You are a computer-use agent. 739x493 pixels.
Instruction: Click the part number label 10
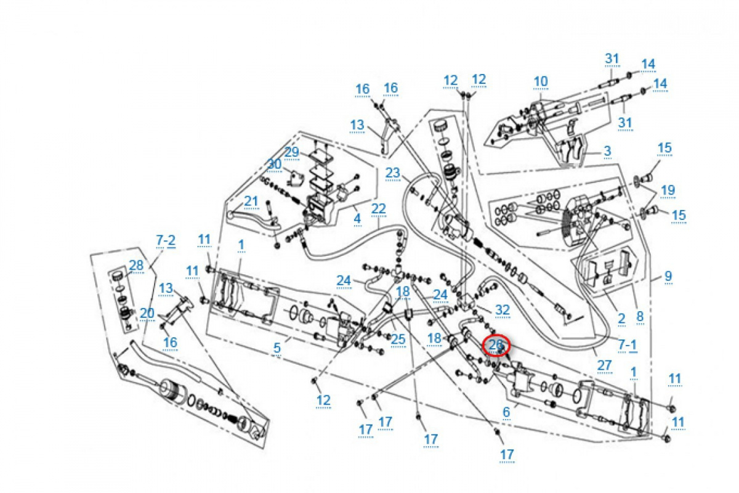click(x=540, y=81)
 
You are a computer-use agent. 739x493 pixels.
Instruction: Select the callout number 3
click(x=607, y=150)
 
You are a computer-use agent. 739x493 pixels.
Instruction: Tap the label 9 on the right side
click(x=668, y=277)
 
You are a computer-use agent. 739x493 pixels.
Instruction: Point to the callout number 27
click(x=605, y=365)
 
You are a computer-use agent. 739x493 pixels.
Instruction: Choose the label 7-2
click(x=166, y=240)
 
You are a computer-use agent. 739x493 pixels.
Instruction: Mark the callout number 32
click(x=503, y=309)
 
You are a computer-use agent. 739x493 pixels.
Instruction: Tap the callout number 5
click(x=277, y=348)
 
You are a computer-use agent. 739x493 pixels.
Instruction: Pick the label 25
click(x=398, y=338)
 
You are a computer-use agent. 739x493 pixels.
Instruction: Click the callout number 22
click(x=378, y=208)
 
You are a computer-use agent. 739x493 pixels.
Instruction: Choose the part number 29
click(x=291, y=152)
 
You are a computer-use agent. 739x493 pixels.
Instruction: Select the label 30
click(x=274, y=164)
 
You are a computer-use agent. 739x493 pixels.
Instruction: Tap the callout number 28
click(x=137, y=265)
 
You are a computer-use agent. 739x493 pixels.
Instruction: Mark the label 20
click(x=147, y=312)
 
